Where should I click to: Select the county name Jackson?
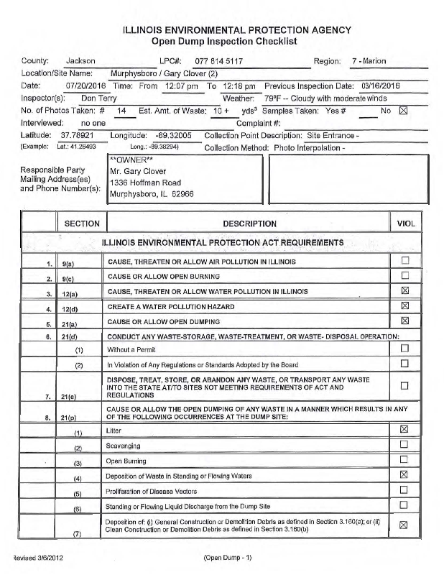80,61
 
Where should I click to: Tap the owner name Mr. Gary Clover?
138,171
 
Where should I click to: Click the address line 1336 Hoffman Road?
144,183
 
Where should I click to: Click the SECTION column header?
82,224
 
